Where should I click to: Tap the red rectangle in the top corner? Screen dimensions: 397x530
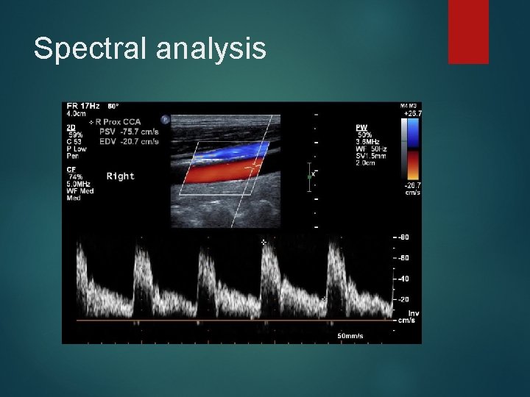(468, 31)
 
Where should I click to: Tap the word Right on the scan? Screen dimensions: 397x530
(121, 176)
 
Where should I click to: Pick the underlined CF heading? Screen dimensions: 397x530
(72, 170)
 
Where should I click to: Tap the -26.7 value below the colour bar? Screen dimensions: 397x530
(411, 186)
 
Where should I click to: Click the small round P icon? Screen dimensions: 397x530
(165, 119)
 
